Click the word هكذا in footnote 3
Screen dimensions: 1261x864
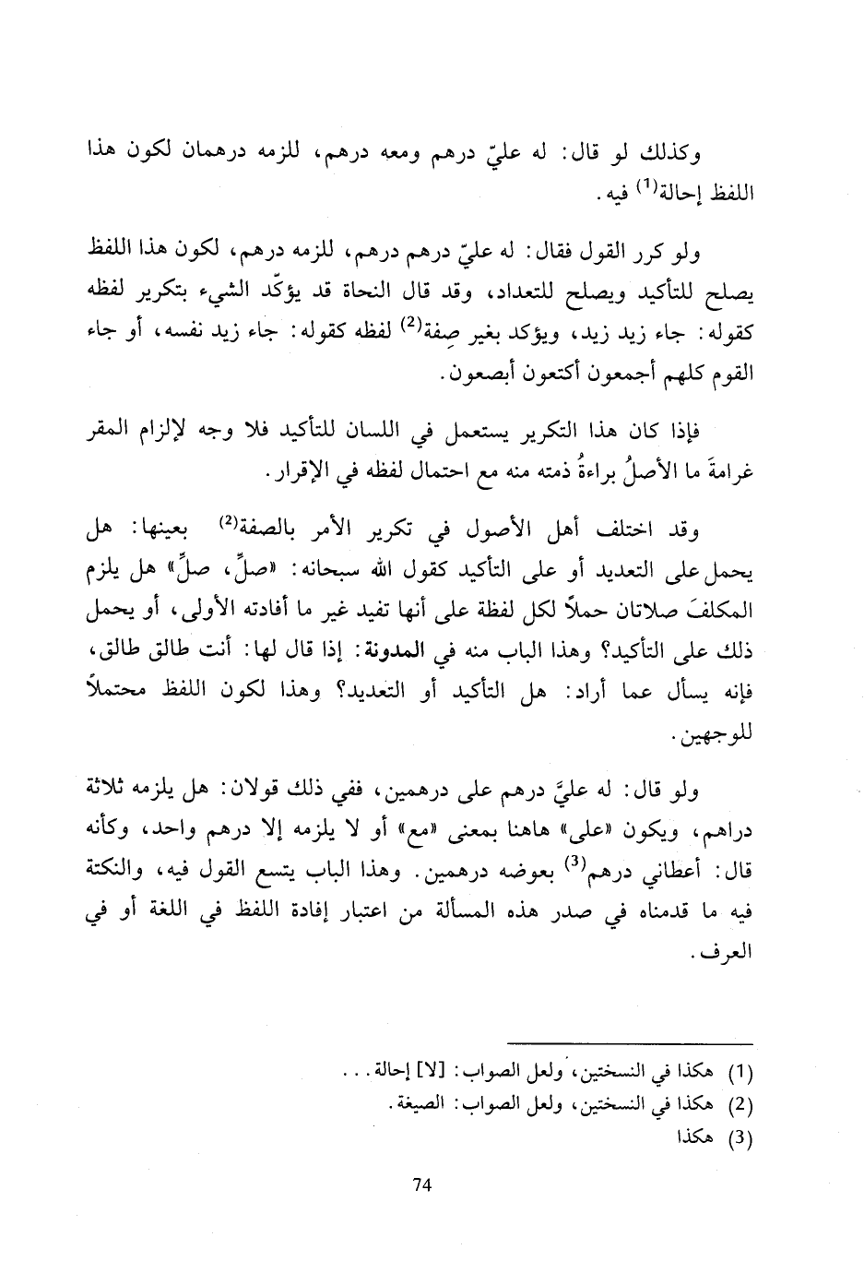pyautogui.click(x=698, y=1137)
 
